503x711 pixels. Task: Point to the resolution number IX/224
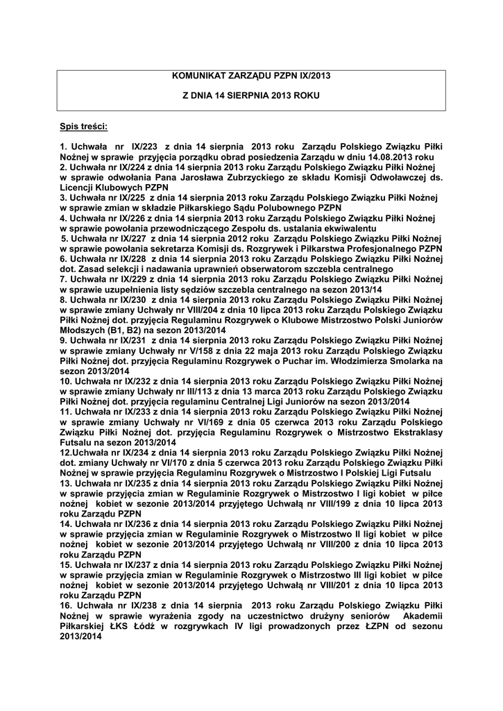[x=130, y=167]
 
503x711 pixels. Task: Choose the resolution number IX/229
[x=130, y=278]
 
